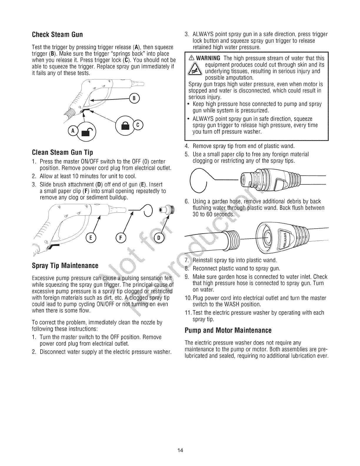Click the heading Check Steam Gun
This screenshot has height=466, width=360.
click(x=57, y=34)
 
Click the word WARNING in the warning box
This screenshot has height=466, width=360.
click(x=209, y=58)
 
